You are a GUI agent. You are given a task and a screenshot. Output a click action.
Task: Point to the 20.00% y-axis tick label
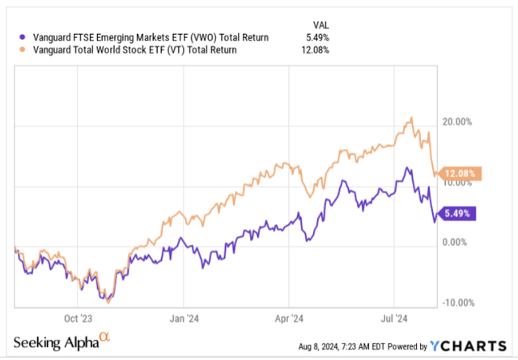click(456, 122)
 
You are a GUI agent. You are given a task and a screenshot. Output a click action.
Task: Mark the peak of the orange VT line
click(412, 118)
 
